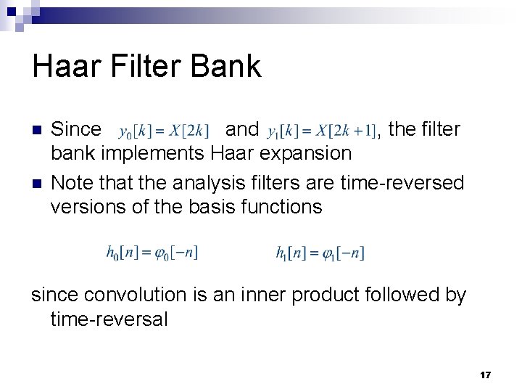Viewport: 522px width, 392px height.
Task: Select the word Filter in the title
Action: tap(145, 67)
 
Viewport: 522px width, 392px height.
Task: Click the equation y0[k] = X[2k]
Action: tap(164, 131)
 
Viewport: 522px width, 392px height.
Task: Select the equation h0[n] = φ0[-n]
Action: tap(152, 253)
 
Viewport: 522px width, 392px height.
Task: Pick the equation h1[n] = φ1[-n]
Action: tap(320, 253)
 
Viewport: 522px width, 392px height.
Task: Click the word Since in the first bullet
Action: tap(76, 130)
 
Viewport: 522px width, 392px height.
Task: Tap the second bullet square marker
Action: tap(37, 181)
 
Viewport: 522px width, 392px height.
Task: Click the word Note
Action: tap(72, 181)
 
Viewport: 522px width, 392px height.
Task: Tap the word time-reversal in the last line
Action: tap(109, 319)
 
